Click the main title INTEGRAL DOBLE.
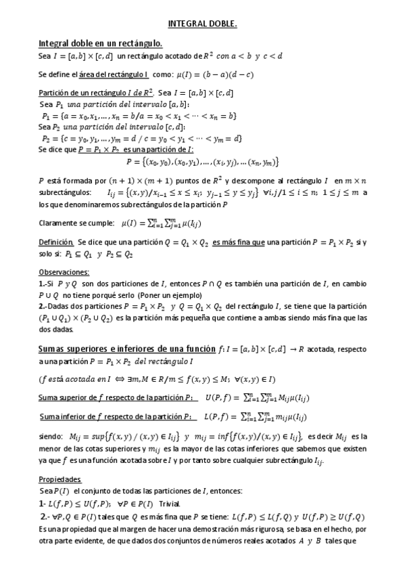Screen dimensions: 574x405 (x=202, y=24)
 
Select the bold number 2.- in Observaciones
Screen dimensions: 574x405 (x=43, y=306)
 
